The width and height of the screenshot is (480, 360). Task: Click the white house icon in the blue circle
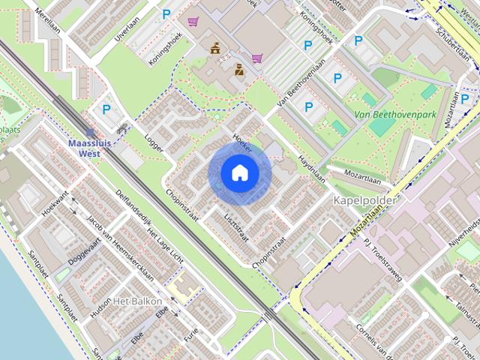pos(239,173)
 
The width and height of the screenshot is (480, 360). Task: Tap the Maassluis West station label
pos(90,148)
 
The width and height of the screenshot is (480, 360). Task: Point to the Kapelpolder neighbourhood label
pos(364,201)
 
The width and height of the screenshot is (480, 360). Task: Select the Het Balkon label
pos(137,301)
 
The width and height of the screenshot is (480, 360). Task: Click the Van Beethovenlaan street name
pos(301,80)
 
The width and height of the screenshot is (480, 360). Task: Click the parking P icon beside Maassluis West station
pos(107,109)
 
